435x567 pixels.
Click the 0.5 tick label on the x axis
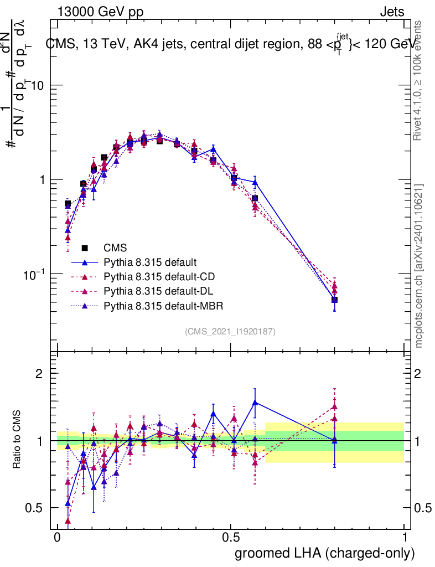coord(231,538)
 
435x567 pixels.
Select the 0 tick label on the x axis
coord(58,538)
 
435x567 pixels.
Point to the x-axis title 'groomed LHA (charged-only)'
coord(325,553)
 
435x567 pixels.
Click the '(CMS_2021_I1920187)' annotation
coord(230,332)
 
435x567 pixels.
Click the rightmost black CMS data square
coord(335,300)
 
